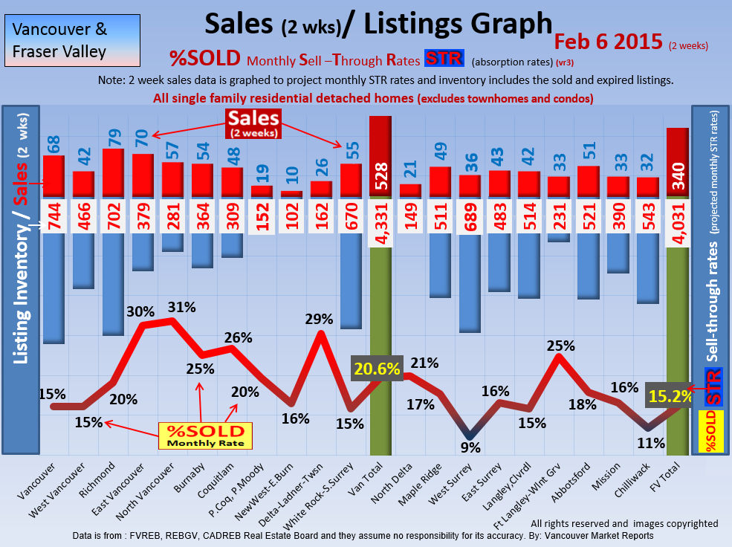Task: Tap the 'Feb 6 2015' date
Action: click(x=609, y=42)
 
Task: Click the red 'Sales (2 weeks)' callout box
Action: click(x=253, y=123)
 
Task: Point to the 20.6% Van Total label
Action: click(x=378, y=368)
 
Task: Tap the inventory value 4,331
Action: click(x=380, y=221)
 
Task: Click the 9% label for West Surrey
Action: click(x=470, y=447)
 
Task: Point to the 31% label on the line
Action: click(x=182, y=307)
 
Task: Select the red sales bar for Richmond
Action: click(x=113, y=174)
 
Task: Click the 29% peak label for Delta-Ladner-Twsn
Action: click(x=319, y=320)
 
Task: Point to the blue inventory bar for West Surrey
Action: click(x=469, y=283)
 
